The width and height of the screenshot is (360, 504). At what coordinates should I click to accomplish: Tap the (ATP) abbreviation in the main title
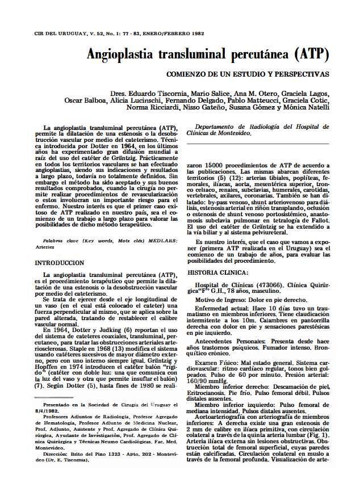[x=311, y=56]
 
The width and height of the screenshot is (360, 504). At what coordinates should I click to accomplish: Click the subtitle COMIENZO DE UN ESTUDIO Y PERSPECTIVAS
[x=248, y=74]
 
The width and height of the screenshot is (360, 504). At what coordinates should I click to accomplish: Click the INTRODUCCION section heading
[x=59, y=247]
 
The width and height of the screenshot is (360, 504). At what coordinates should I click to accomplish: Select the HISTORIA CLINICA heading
[x=217, y=272]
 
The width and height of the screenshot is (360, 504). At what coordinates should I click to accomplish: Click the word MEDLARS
[x=165, y=240]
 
